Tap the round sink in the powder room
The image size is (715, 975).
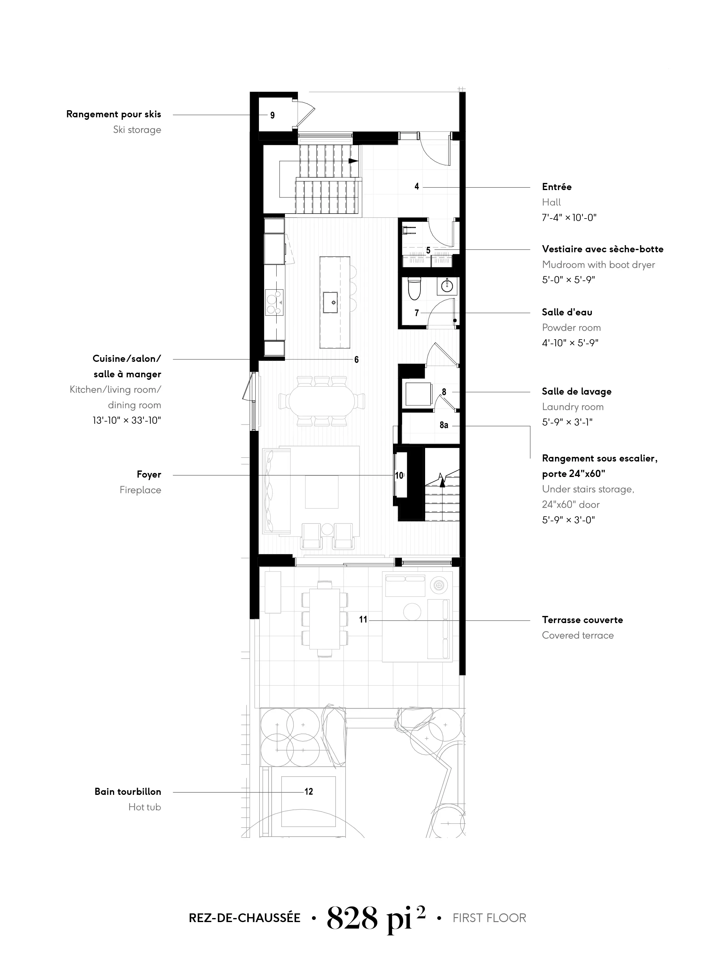[x=447, y=286]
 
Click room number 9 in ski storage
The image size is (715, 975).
[x=272, y=115]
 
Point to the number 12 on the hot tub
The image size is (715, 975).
[x=308, y=791]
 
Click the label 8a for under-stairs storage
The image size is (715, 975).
[x=444, y=425]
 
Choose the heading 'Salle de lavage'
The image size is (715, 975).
[x=576, y=391]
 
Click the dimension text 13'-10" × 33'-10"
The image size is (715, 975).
[x=127, y=420]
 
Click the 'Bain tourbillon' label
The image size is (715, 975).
[x=128, y=791]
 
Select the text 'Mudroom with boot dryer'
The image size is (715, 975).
[x=598, y=265]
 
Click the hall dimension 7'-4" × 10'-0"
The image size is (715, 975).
[x=569, y=218]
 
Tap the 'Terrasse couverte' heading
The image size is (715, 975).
[x=582, y=620]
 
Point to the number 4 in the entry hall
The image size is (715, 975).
[x=417, y=187]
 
